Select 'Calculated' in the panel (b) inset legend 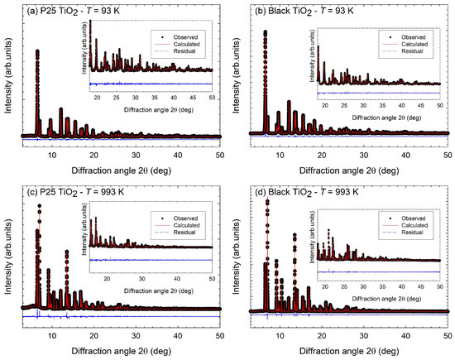pyautogui.click(x=415, y=48)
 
